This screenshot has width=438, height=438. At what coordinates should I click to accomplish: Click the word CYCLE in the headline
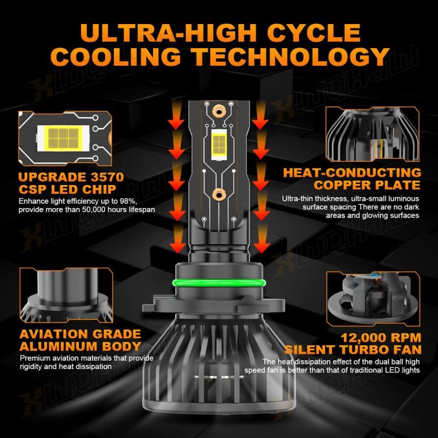(314, 33)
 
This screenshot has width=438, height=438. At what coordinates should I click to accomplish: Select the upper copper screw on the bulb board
(219, 112)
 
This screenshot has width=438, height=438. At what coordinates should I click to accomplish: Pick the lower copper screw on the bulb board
(219, 195)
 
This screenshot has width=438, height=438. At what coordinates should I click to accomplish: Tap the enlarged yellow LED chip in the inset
(64, 139)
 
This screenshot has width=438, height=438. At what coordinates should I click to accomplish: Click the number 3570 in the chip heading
(107, 177)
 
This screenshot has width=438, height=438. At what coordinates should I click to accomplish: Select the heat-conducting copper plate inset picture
(372, 134)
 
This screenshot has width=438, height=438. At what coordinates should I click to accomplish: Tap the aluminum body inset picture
(66, 295)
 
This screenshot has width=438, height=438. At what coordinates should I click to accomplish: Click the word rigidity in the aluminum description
(31, 366)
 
